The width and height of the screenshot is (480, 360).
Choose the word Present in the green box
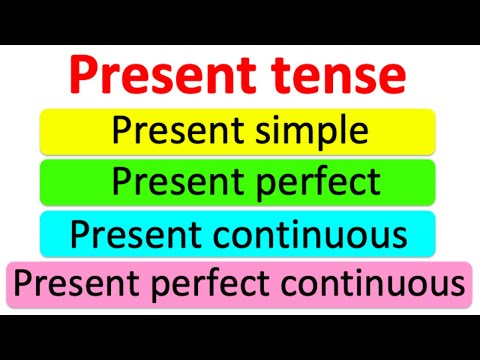[171, 183]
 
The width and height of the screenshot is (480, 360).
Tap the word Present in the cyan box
[130, 235]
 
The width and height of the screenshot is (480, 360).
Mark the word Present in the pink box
[74, 286]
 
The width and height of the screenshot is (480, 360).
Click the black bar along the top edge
[240, 20]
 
